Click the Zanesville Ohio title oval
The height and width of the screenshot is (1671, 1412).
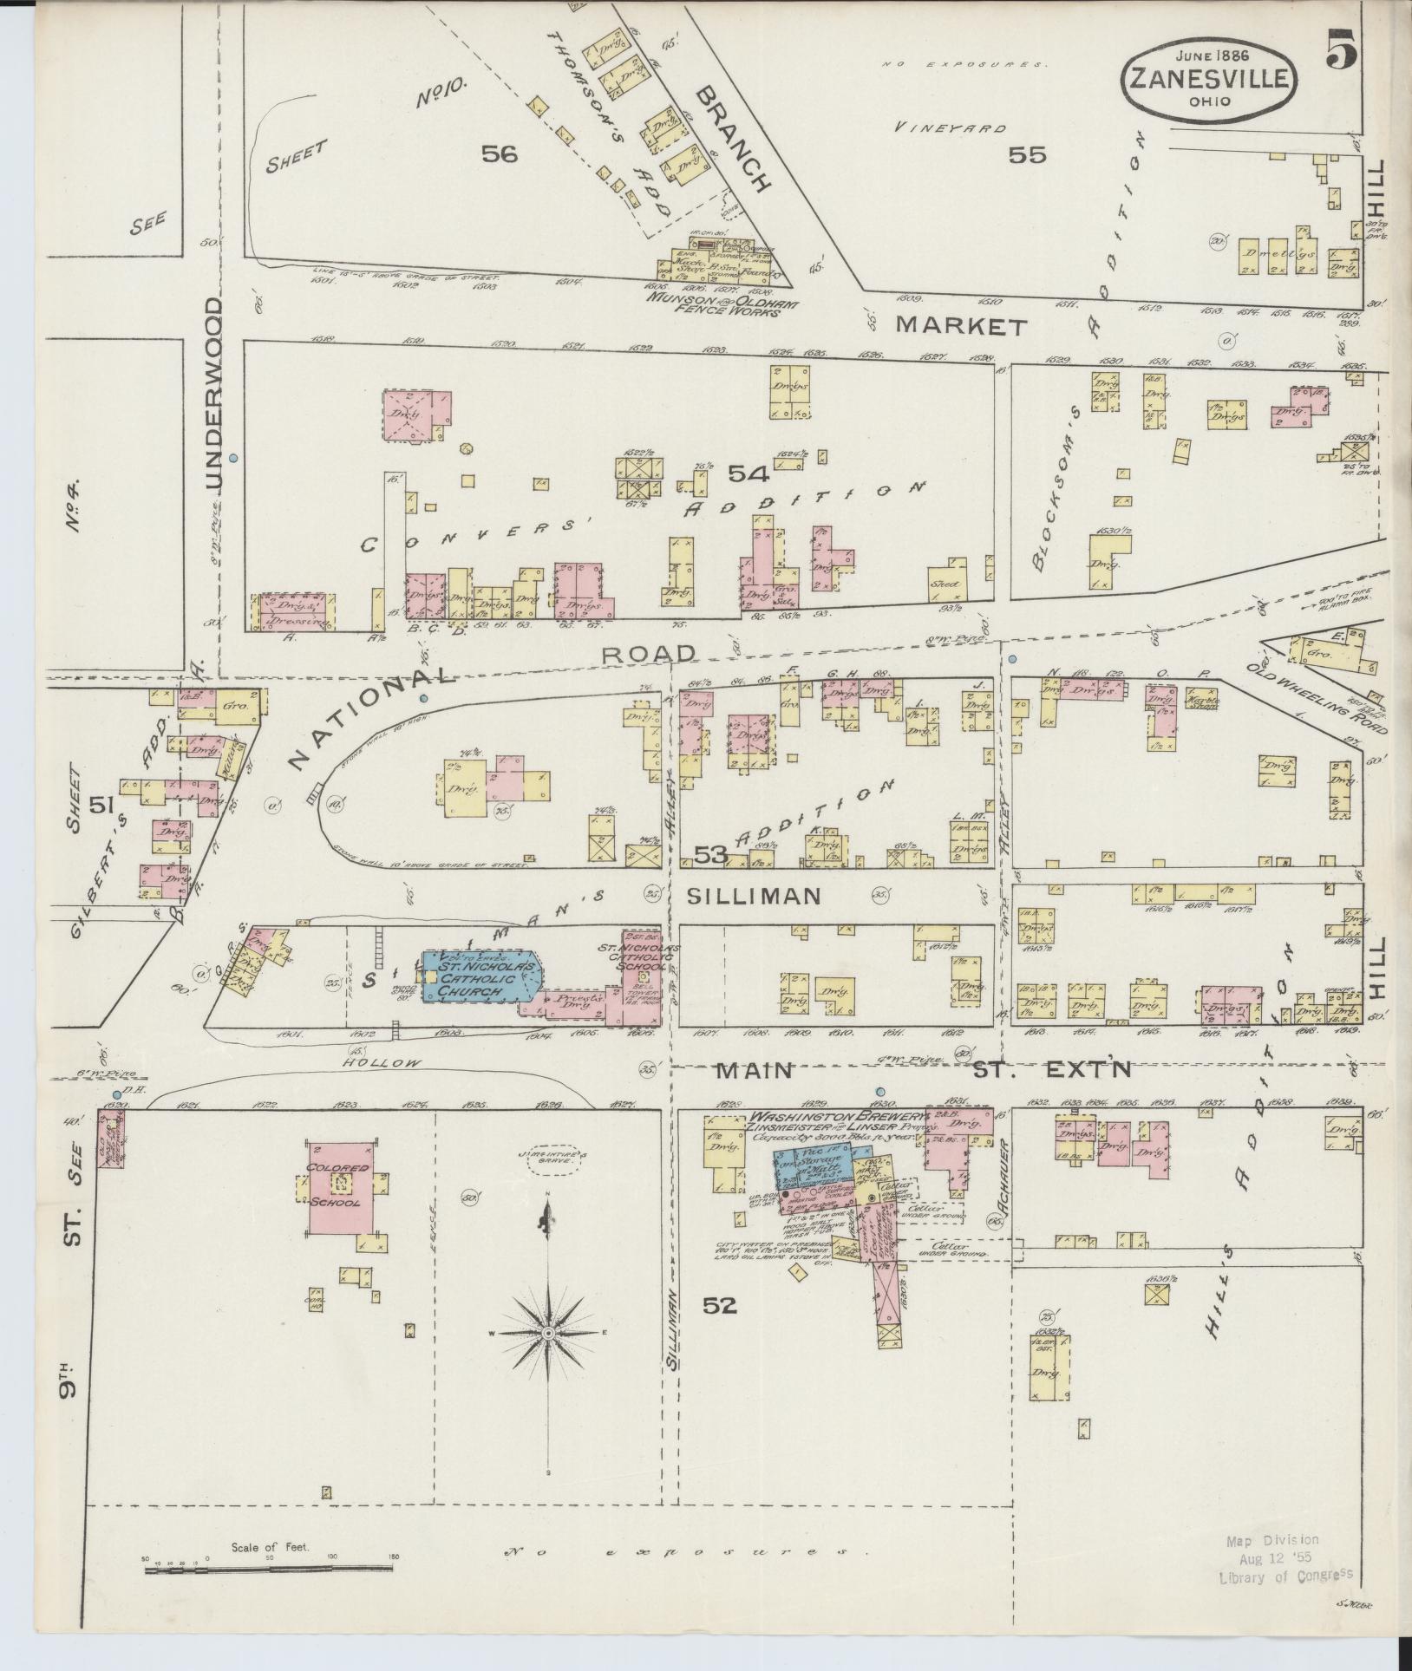click(1213, 75)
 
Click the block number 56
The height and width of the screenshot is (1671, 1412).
click(500, 154)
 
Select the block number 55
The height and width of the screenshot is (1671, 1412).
click(1027, 155)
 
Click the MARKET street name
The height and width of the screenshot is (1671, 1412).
click(961, 327)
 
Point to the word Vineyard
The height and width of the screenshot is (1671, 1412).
click(951, 127)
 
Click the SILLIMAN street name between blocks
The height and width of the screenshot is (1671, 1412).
click(753, 895)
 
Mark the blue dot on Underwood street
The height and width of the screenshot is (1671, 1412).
click(233, 456)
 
